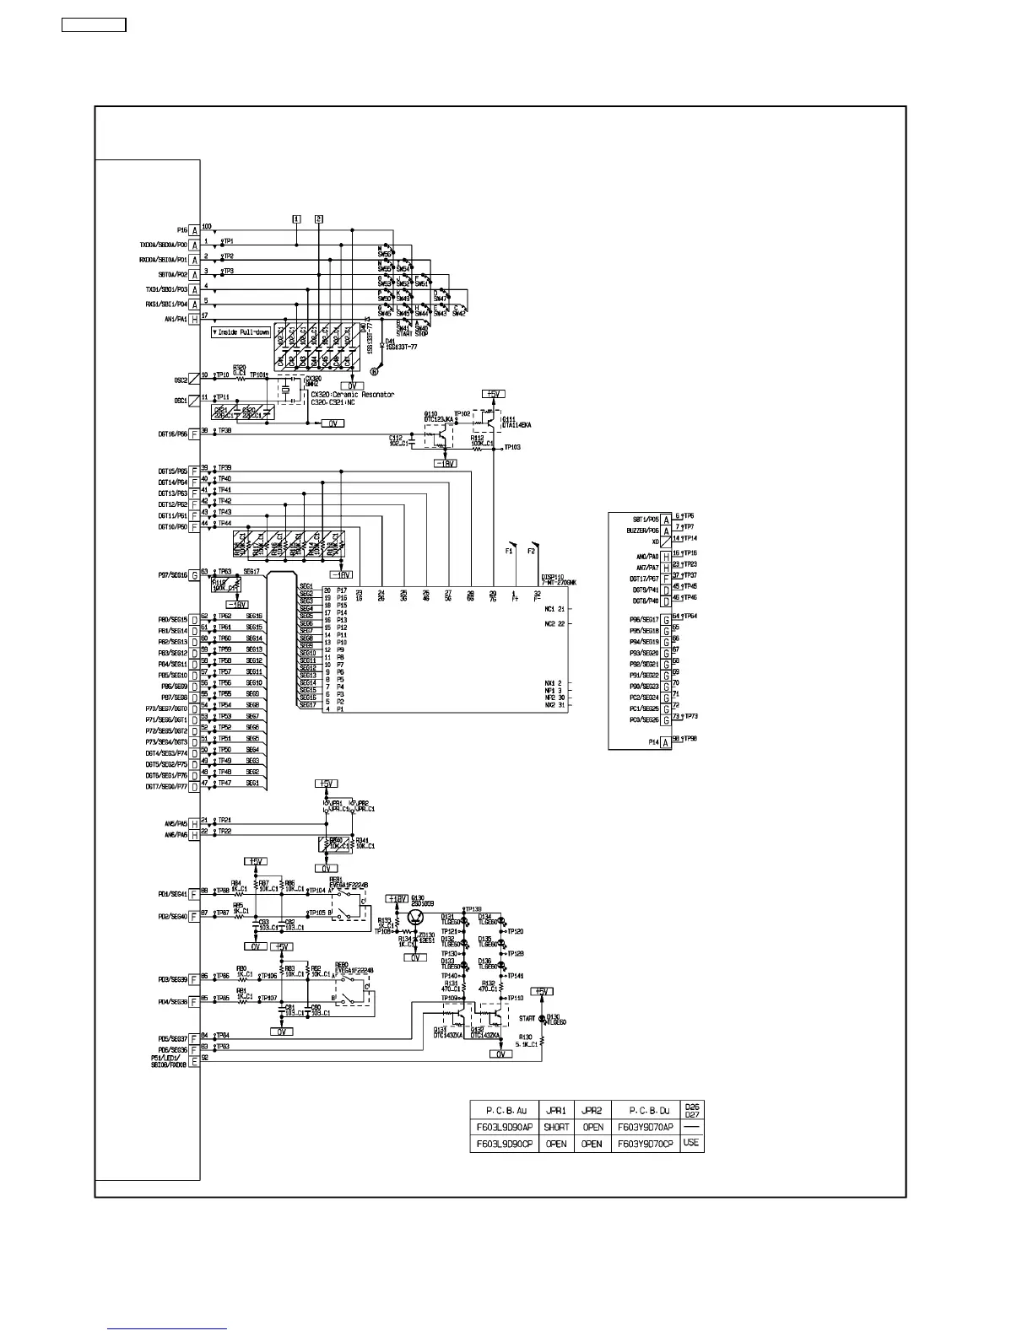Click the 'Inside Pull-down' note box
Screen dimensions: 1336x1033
click(241, 332)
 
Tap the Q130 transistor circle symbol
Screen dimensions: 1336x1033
click(416, 918)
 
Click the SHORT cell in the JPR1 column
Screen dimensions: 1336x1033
click(556, 1127)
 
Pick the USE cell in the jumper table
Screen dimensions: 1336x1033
click(691, 1143)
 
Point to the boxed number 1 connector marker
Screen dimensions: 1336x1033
click(296, 218)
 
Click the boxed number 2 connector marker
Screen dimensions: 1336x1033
click(318, 218)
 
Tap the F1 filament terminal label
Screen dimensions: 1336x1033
click(509, 552)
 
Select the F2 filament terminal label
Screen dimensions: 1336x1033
click(532, 552)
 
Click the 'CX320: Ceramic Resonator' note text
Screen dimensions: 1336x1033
click(352, 395)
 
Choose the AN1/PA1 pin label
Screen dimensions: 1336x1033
click(176, 320)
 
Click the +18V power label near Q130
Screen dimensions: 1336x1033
click(397, 899)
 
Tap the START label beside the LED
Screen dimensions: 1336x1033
click(527, 1019)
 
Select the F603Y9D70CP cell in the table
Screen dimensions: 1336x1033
click(646, 1144)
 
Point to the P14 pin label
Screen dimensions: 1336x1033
click(653, 742)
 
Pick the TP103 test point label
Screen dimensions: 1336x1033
click(511, 447)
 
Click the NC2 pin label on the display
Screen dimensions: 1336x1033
click(554, 623)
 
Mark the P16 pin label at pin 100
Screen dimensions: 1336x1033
click(182, 230)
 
